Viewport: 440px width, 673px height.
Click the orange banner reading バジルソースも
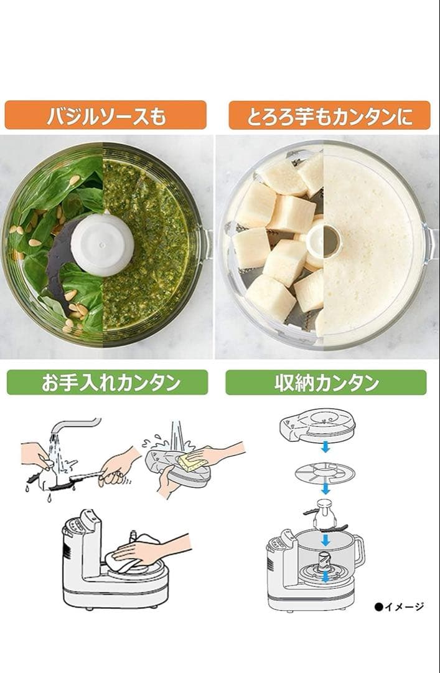point(106,115)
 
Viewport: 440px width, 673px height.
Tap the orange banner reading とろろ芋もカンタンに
point(329,115)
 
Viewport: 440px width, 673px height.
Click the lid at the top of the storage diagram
point(317,425)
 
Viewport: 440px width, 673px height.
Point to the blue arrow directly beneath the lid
point(325,447)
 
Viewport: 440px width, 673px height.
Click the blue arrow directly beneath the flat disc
point(325,489)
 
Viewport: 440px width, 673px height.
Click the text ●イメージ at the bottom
point(399,606)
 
